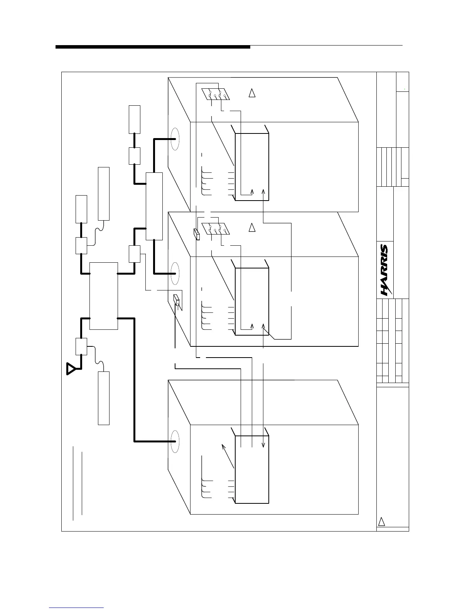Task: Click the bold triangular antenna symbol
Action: click(x=71, y=369)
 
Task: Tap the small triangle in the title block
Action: click(x=381, y=522)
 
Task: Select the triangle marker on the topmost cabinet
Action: click(x=252, y=93)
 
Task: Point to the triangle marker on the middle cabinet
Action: click(x=252, y=227)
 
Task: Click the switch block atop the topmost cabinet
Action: click(x=215, y=95)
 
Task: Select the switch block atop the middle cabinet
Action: click(x=215, y=229)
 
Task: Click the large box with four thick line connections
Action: click(x=103, y=296)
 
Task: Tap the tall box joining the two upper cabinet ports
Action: click(x=154, y=206)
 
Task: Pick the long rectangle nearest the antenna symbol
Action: click(x=104, y=398)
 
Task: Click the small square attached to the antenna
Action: click(x=81, y=346)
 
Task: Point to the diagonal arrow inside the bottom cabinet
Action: click(x=228, y=456)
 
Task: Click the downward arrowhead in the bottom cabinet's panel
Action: click(x=263, y=444)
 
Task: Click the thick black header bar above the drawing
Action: click(x=153, y=47)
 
